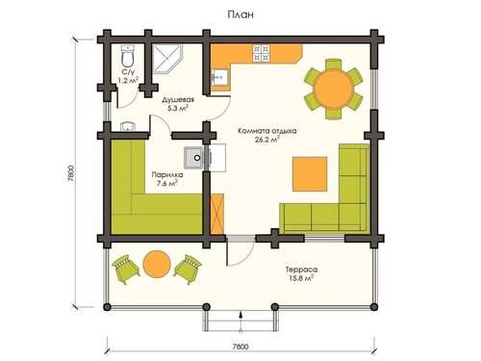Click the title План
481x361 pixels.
240,14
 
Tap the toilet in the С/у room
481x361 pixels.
128,55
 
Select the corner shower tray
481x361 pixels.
166,59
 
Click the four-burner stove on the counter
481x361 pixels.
262,53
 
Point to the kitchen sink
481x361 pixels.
219,77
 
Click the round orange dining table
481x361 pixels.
333,89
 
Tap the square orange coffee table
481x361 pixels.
310,174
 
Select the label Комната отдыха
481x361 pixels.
267,131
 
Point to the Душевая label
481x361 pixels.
178,99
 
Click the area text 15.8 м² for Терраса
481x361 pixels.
300,278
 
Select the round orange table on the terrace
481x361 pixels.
157,264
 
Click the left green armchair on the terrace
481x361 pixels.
125,269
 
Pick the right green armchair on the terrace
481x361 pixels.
188,269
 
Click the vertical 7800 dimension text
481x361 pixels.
71,173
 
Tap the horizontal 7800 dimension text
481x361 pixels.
240,347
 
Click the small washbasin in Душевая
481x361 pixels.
129,127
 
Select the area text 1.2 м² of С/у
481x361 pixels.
128,80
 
